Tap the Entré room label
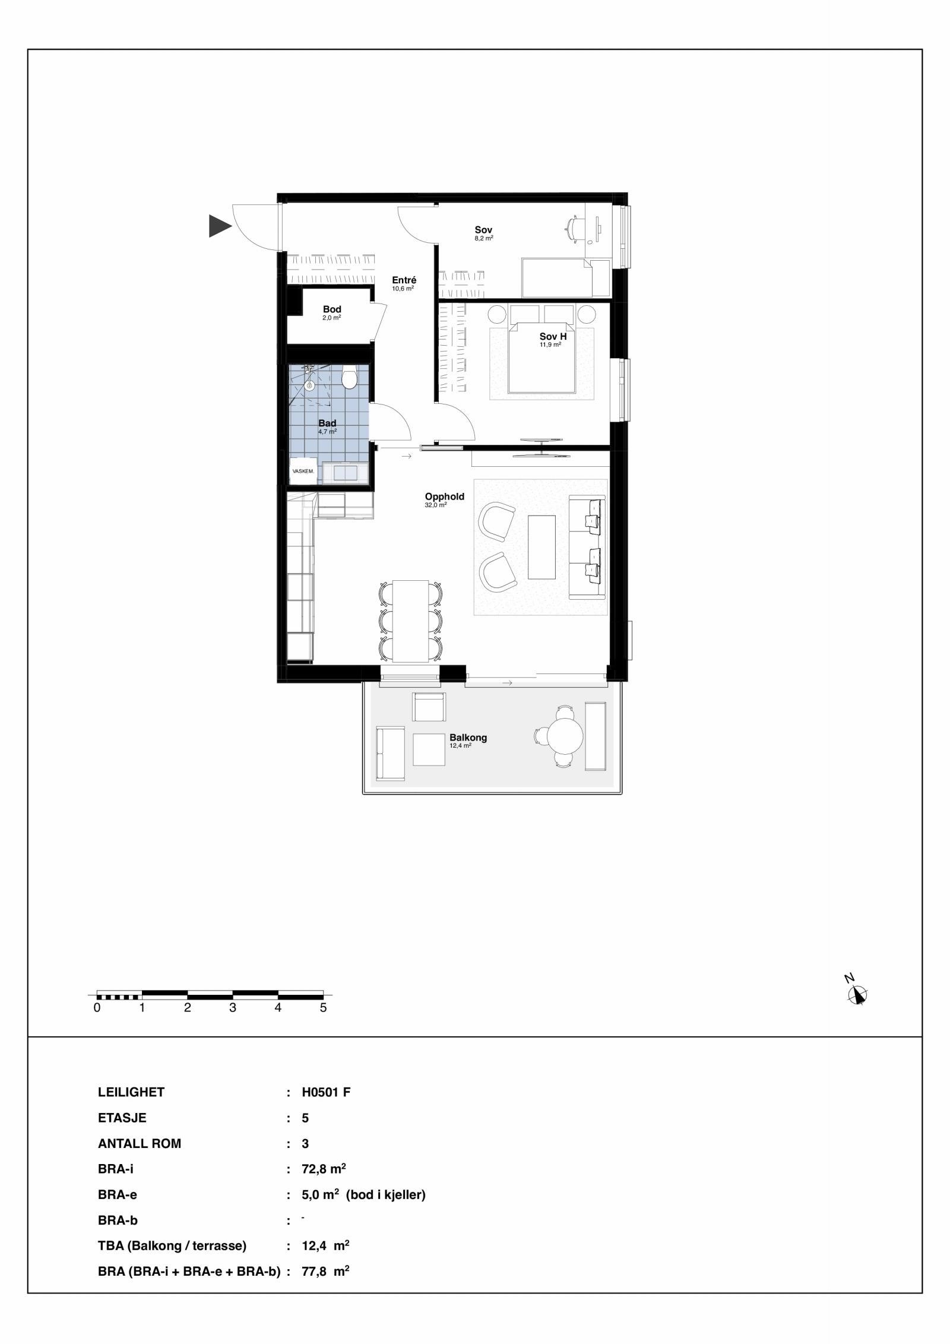pyautogui.click(x=404, y=280)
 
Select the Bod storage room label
pyautogui.click(x=332, y=309)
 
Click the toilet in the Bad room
pyautogui.click(x=349, y=378)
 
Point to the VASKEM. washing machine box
pyautogui.click(x=303, y=471)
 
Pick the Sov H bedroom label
pyautogui.click(x=552, y=336)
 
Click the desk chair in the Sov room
pyautogui.click(x=575, y=229)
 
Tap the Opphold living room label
pyautogui.click(x=444, y=497)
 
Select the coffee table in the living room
pyautogui.click(x=541, y=547)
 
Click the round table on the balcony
pyautogui.click(x=565, y=736)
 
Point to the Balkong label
pyautogui.click(x=468, y=738)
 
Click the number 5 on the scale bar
pyautogui.click(x=323, y=1008)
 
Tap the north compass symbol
pyautogui.click(x=857, y=995)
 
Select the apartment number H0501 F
pyautogui.click(x=326, y=1092)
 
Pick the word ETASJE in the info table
pyautogui.click(x=122, y=1118)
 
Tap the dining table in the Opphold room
pyautogui.click(x=410, y=621)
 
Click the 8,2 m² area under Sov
pyautogui.click(x=483, y=238)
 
